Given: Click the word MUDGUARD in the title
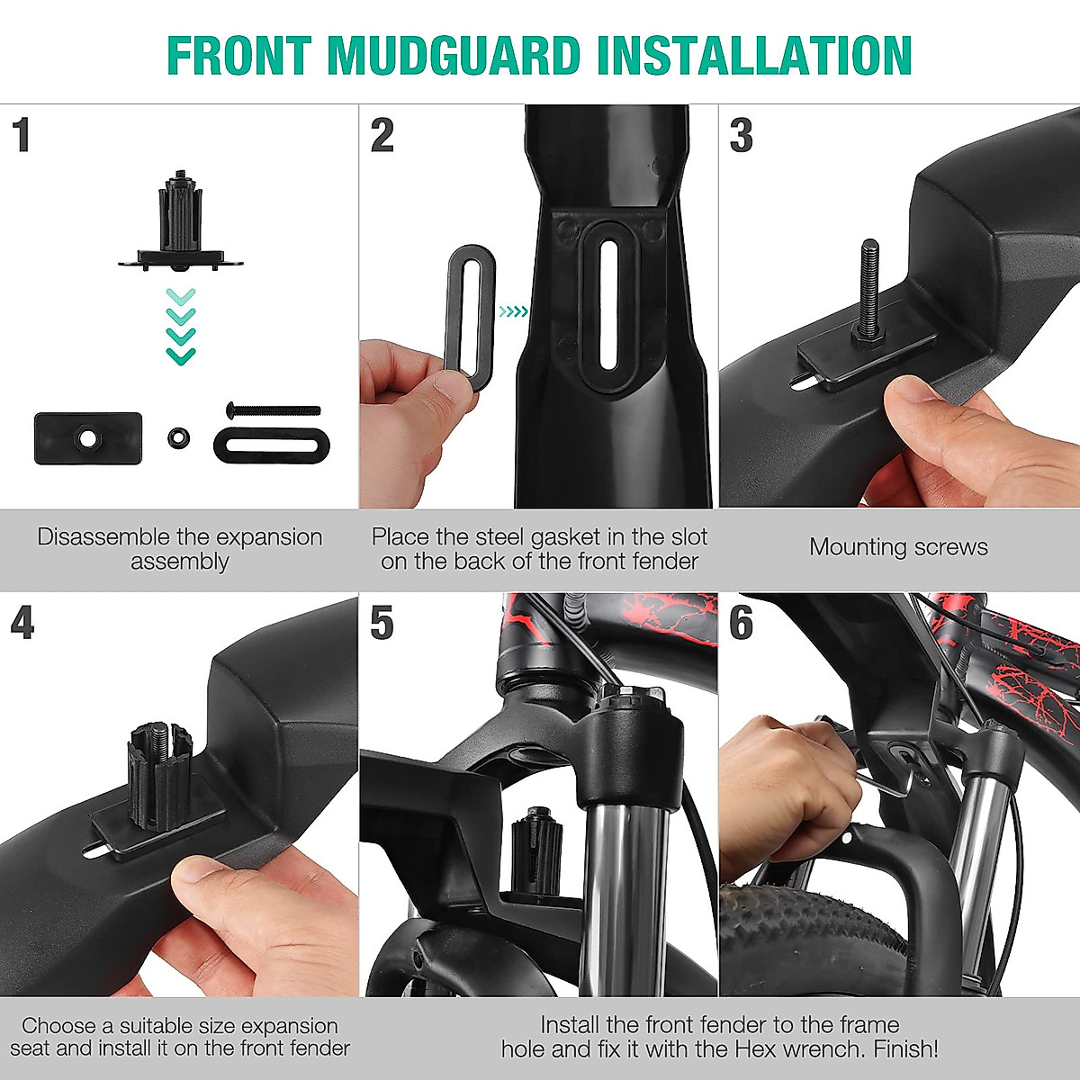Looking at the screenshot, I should click(454, 56).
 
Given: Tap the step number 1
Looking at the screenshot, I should click(22, 135).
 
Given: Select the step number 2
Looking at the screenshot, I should click(382, 135).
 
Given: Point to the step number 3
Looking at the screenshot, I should click(741, 135).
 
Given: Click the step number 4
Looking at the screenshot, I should click(22, 623).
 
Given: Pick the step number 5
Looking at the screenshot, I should click(382, 623).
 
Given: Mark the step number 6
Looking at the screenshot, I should click(741, 623).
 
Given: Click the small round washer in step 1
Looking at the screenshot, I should click(178, 438).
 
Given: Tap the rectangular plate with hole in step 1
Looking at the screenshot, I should click(87, 438).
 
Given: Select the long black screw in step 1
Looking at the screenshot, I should click(274, 410).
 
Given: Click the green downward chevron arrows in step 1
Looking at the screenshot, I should click(181, 326).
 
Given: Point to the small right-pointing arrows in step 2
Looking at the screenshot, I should click(513, 312).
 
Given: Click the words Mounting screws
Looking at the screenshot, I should click(898, 547).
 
